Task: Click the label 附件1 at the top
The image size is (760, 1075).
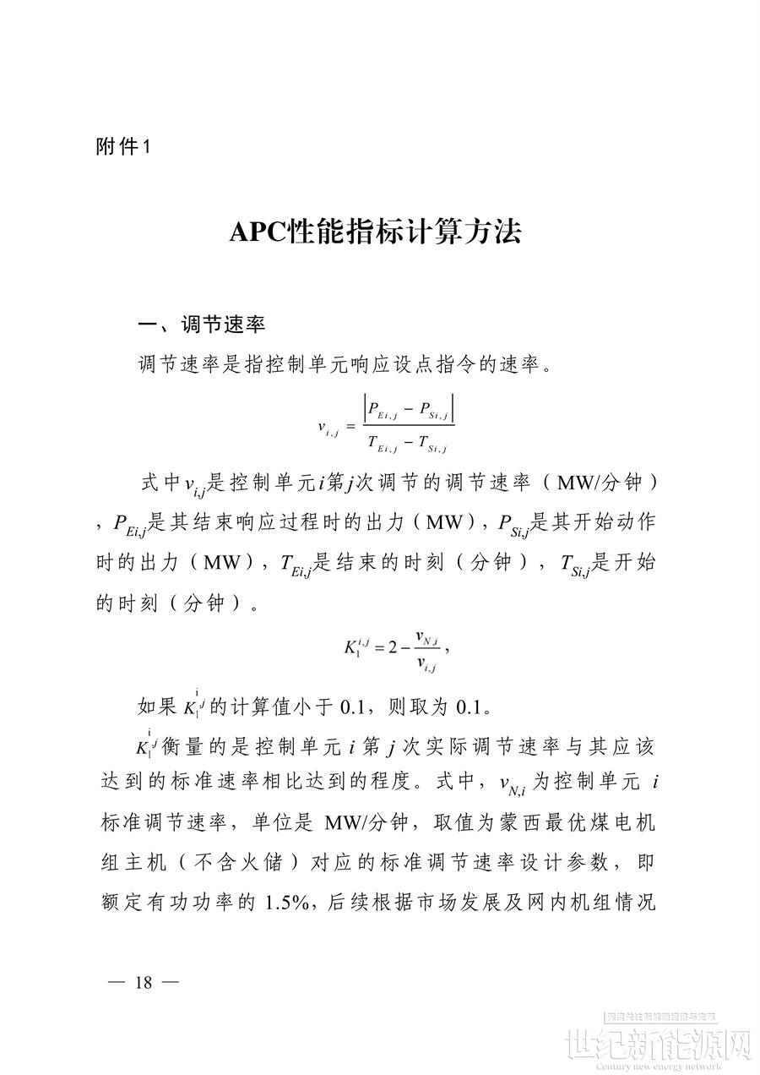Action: (123, 146)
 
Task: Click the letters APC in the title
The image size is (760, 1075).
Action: (259, 232)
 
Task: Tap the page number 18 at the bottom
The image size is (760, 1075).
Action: (143, 981)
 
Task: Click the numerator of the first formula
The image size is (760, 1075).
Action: (409, 411)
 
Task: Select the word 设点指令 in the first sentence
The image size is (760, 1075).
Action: (442, 365)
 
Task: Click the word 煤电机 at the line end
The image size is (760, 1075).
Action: (625, 821)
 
